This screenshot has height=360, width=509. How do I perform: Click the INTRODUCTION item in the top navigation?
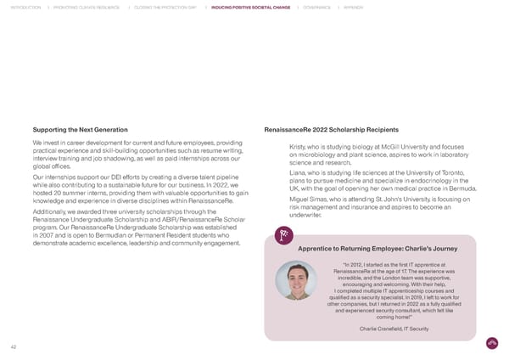point(22,7)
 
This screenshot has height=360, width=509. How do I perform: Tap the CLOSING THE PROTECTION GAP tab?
point(165,7)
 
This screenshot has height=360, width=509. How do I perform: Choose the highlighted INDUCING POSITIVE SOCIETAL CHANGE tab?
point(250,7)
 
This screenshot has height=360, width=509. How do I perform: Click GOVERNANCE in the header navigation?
point(317,7)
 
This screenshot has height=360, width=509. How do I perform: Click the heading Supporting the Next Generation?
point(80,130)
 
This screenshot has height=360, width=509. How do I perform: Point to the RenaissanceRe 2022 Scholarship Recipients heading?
point(332,130)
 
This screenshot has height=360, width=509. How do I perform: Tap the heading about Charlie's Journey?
point(378,224)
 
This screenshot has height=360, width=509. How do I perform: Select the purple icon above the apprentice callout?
point(286,212)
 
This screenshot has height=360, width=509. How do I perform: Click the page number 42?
point(14,346)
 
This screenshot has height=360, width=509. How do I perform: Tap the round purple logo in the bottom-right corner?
point(492,344)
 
